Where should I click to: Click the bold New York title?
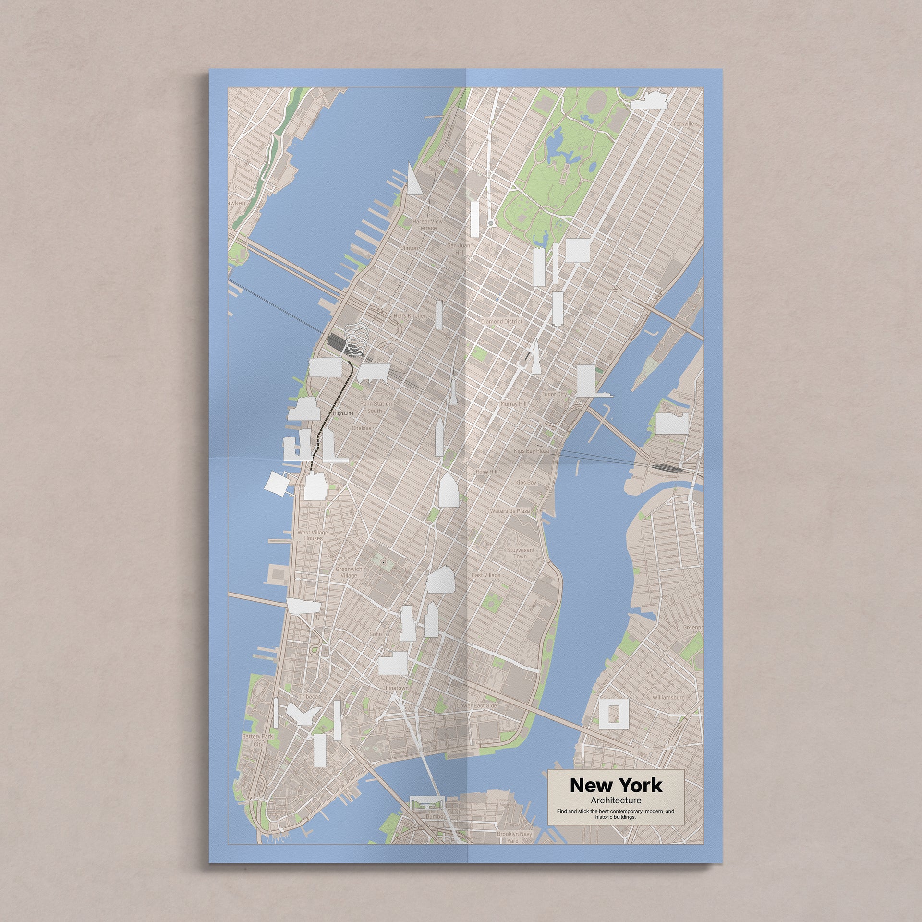616,785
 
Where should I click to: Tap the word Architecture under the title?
616,801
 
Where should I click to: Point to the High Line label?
343,413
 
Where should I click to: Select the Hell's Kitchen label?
410,316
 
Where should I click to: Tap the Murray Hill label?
513,404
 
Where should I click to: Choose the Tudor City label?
554,394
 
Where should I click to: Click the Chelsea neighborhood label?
362,428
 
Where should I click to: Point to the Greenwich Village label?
349,572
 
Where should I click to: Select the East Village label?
486,575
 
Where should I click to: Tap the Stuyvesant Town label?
516,553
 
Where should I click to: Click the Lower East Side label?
477,706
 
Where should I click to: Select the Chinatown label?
395,688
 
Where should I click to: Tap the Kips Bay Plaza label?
531,452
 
